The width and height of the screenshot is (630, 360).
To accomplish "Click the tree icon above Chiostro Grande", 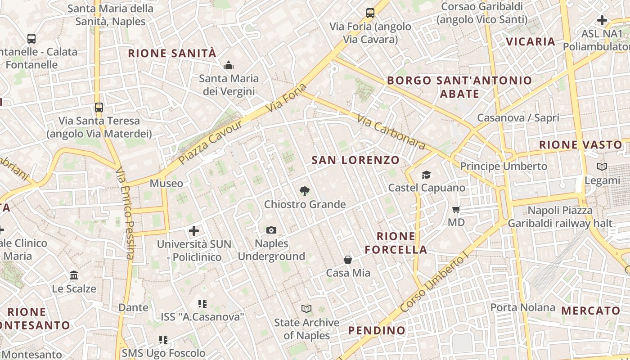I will tap(305, 191).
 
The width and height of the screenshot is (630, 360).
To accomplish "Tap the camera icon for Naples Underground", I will tap(271, 230).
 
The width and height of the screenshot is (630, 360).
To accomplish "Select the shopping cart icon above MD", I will tap(456, 209).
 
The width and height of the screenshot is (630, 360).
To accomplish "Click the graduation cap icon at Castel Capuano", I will tap(426, 175).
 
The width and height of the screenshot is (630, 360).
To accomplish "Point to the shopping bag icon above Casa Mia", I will tap(348, 260).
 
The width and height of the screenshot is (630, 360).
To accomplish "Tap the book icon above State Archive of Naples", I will tap(306, 309).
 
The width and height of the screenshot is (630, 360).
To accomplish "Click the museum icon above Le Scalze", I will tap(74, 275).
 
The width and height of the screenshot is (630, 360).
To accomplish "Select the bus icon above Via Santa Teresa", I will tap(99, 108).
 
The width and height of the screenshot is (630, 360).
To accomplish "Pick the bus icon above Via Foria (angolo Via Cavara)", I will tap(370, 13).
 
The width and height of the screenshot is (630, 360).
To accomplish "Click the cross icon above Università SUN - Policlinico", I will tap(194, 231).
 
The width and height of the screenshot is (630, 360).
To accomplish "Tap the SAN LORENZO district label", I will tap(355, 160).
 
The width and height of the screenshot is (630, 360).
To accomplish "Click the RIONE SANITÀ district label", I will tap(172, 54).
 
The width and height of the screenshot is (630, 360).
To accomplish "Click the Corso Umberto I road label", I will tap(435, 283).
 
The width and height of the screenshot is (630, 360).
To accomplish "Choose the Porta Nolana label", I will tap(522, 308).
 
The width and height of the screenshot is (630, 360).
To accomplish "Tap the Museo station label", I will tap(166, 184).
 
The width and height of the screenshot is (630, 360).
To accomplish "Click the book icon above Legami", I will tap(602, 167).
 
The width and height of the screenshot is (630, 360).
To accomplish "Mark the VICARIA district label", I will tap(531, 42).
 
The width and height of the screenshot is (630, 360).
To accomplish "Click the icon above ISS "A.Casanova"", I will tap(202, 304).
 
